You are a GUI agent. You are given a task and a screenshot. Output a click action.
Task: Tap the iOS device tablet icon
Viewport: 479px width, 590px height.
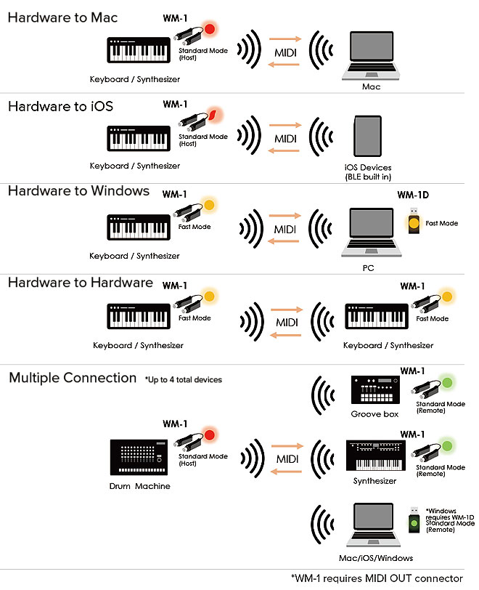click(x=367, y=137)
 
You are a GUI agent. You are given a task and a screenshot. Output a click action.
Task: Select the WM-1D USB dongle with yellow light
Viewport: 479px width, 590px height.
click(x=414, y=222)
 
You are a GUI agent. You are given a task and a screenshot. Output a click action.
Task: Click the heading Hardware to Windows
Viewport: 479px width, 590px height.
click(x=78, y=191)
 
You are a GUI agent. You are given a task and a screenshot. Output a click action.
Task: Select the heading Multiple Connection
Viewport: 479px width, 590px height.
click(x=73, y=378)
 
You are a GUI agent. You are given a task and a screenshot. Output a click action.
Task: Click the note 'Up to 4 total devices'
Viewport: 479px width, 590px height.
click(x=183, y=379)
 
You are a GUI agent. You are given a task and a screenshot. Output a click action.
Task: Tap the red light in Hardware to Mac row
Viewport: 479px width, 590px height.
click(x=210, y=30)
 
